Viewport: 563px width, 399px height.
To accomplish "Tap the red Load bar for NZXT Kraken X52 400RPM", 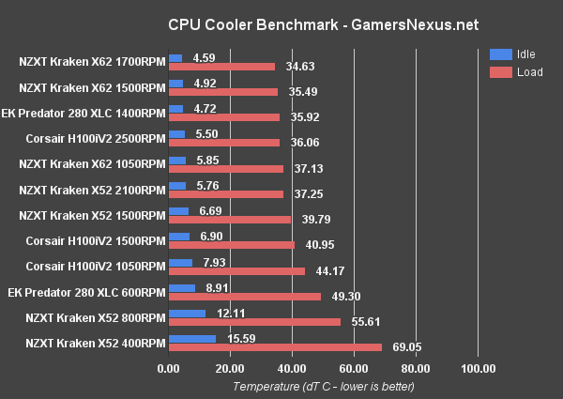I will [x=275, y=346].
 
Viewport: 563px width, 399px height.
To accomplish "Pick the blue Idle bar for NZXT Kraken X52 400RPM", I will [x=191, y=338].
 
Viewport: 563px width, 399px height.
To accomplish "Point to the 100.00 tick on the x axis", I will [x=478, y=368].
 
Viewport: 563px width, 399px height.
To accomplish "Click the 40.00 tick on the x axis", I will [x=292, y=368].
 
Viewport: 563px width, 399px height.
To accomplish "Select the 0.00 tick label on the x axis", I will [x=168, y=368].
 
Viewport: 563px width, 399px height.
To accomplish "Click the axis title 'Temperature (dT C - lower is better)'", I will [x=323, y=386].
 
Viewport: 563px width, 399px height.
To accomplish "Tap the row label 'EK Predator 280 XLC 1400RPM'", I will [x=89, y=114].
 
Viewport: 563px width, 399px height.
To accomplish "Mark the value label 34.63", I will [x=294, y=68].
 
